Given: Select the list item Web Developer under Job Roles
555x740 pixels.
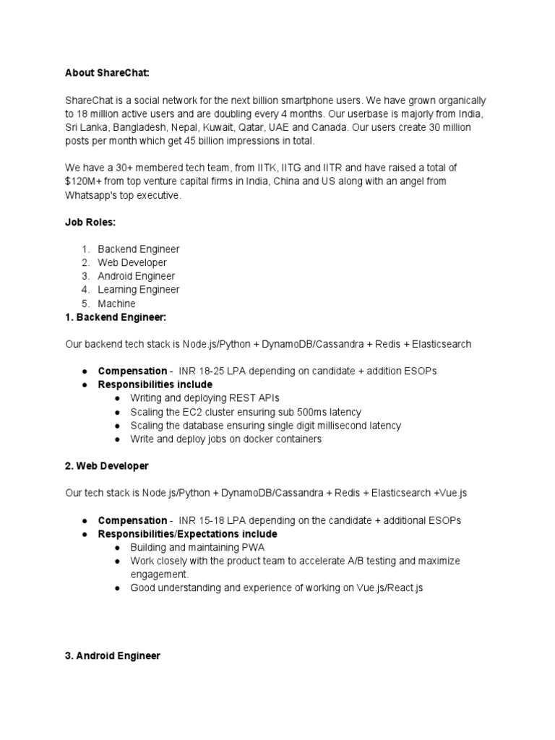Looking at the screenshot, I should [x=132, y=262].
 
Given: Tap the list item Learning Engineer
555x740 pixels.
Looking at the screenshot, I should [x=139, y=290].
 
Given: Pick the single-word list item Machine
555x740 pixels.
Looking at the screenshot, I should [x=116, y=304].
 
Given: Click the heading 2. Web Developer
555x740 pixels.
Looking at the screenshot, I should [x=106, y=466].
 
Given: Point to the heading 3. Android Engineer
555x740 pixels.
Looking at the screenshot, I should [x=112, y=656].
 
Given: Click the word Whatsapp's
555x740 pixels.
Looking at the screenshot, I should [x=91, y=196].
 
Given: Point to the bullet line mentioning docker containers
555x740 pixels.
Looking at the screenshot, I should [x=225, y=439].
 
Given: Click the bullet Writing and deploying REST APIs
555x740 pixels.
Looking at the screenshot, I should [x=205, y=398].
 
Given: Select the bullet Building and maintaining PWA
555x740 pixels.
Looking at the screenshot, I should [x=197, y=548].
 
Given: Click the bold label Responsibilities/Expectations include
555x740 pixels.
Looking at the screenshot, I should [x=187, y=534].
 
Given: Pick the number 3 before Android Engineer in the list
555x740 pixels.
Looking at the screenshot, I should [x=85, y=276].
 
